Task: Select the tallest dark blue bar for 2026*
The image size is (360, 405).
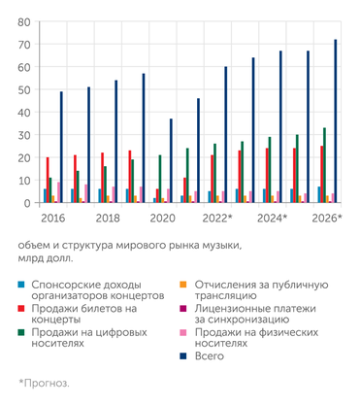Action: (x=335, y=121)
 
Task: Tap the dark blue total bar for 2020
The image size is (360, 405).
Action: (x=171, y=160)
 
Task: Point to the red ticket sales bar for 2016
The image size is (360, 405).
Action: (x=48, y=180)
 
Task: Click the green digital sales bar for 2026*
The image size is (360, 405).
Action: (x=324, y=165)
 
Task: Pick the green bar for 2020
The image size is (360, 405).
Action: (x=160, y=179)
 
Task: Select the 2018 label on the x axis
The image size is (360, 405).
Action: (x=108, y=219)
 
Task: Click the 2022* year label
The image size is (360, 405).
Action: (x=216, y=219)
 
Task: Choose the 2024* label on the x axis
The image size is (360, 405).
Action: (x=271, y=219)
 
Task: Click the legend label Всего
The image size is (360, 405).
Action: (x=215, y=356)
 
